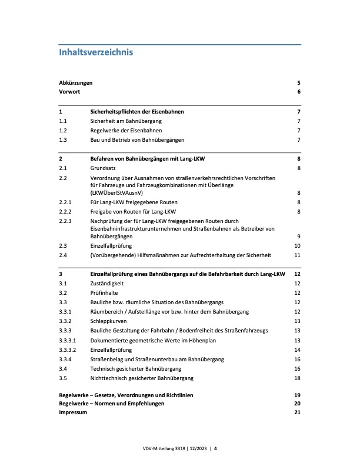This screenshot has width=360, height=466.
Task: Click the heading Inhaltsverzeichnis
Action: (x=96, y=52)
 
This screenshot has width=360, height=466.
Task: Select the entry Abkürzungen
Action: (x=76, y=83)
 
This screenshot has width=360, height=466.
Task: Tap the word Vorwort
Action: (x=69, y=92)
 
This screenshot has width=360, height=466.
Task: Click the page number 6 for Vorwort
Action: (x=299, y=92)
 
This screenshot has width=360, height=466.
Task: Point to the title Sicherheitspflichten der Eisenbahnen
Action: (x=136, y=111)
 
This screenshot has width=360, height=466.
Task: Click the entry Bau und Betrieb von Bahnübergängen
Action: (x=137, y=139)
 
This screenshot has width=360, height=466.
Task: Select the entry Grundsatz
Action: (x=104, y=168)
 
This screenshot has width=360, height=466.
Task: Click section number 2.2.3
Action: (x=65, y=221)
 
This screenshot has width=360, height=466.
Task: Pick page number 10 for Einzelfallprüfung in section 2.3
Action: (x=298, y=245)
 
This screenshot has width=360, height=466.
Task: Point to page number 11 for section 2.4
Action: (x=298, y=255)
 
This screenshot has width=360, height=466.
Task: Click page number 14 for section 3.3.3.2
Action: (x=298, y=349)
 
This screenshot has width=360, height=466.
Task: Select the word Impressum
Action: (x=73, y=413)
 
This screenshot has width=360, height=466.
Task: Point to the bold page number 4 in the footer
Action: (x=215, y=448)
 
